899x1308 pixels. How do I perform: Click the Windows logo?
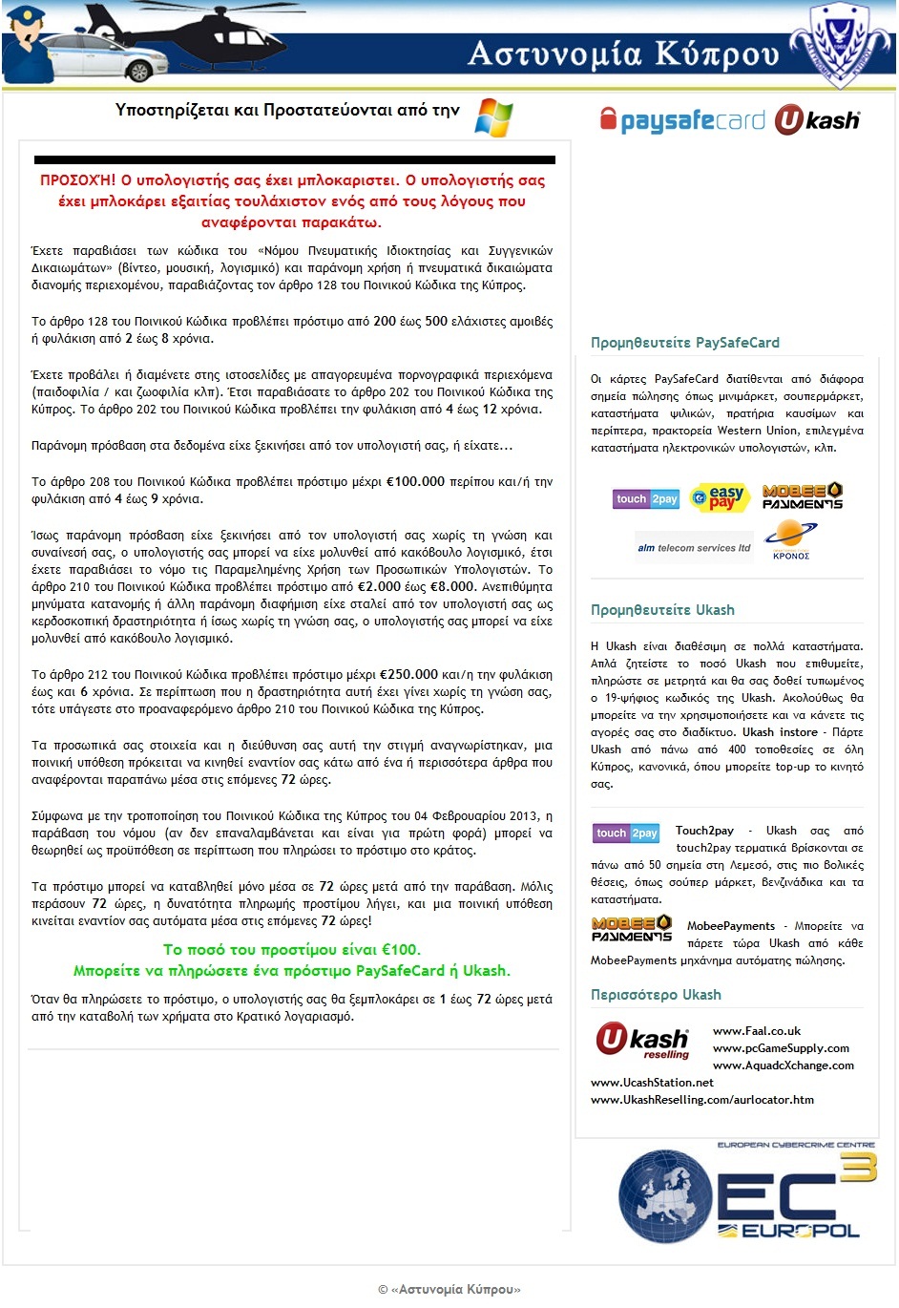point(494,116)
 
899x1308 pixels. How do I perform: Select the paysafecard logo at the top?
point(682,120)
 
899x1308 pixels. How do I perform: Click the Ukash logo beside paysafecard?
point(817,120)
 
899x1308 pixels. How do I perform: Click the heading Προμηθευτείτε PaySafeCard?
point(685,343)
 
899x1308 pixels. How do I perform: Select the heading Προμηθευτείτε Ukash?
point(662,610)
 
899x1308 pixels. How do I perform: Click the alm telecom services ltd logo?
point(694,548)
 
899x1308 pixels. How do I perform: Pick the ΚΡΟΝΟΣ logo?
point(791,540)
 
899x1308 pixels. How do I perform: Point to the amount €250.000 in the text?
point(408,674)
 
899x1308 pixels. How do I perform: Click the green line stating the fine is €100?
point(292,950)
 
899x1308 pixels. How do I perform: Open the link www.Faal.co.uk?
point(757,1031)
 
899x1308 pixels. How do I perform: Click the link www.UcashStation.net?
point(652,1083)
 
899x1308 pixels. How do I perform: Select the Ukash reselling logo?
point(642,1041)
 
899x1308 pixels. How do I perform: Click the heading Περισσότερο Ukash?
point(656,995)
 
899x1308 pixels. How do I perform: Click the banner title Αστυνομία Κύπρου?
point(623,54)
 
